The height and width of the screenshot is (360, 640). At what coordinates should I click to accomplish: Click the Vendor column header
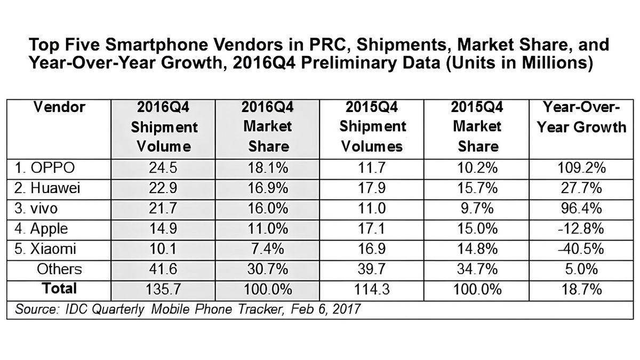(59, 108)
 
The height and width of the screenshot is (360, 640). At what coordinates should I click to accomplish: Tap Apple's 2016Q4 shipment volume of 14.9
(164, 229)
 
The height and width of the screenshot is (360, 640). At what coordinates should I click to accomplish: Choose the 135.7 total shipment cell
(164, 290)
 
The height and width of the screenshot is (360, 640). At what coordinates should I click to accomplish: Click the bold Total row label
(59, 289)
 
